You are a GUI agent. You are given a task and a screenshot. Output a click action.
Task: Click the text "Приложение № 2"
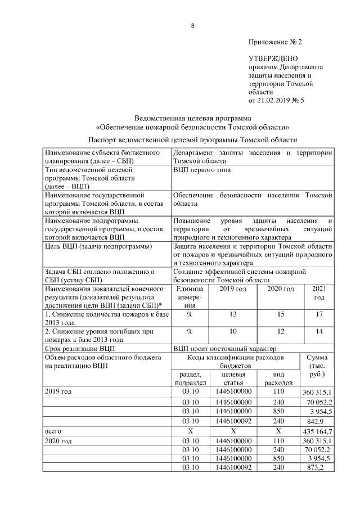pos(275,42)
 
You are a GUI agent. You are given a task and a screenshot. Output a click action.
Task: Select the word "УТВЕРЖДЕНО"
pos(273,58)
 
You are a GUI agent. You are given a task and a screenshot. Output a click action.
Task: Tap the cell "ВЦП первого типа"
pos(202,169)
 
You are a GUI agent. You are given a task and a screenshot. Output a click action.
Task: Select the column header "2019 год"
pos(232,289)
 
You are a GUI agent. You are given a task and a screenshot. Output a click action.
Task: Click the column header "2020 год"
pos(280,289)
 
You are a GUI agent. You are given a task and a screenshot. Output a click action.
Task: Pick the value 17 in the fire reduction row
pos(319,314)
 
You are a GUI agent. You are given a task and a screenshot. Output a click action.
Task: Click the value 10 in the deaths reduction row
pos(232,331)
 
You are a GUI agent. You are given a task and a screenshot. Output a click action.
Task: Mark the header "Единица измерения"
pos(189,297)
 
